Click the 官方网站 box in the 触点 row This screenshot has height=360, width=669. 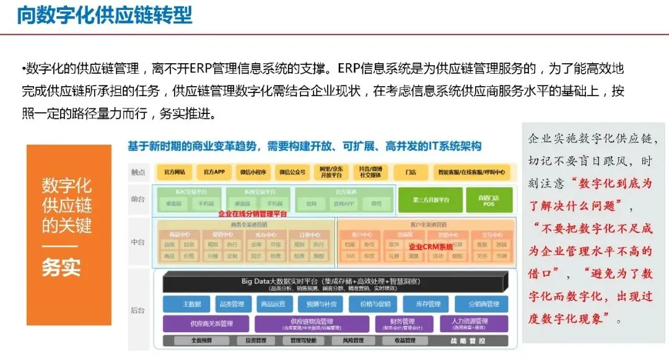(x=175, y=171)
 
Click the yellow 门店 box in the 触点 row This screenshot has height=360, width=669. (x=409, y=171)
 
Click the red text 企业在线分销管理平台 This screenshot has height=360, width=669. (x=253, y=213)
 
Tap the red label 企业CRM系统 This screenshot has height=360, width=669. (x=426, y=246)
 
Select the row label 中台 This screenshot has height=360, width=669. (x=138, y=242)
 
